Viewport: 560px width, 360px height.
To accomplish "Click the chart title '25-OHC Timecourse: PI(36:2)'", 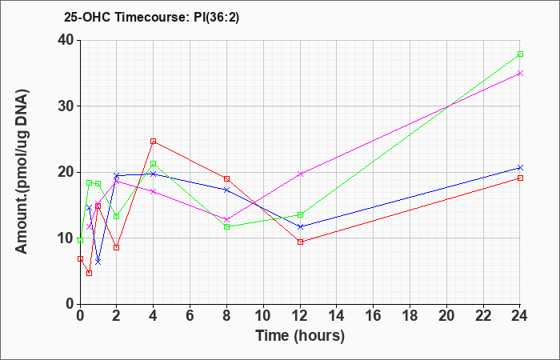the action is coord(151,17).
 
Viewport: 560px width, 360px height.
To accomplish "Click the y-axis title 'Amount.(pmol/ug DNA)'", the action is coord(22,171).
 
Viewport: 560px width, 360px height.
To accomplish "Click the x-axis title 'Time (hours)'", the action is coord(300,336).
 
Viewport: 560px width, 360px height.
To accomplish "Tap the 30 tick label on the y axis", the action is coord(66,106).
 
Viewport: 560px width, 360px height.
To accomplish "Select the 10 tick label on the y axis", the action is coord(66,238).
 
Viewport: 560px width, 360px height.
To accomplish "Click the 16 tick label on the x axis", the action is coord(374,316).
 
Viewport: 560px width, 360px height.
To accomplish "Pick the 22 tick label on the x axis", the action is coord(483,316).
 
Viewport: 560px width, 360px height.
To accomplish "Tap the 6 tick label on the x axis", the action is coord(190,316).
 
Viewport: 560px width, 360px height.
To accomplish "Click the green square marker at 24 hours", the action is coord(520,54).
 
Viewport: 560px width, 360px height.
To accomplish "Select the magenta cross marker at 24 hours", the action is coord(520,74).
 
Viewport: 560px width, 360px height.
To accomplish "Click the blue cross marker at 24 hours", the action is coord(520,167).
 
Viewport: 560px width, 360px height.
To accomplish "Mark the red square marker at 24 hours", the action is coord(520,178).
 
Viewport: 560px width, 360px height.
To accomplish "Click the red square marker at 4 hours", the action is coord(154,141).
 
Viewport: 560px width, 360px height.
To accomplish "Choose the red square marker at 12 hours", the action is coord(300,242).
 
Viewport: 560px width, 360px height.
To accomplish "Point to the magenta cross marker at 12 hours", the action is coord(300,174).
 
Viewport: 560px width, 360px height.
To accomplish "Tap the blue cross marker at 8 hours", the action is coord(226,190).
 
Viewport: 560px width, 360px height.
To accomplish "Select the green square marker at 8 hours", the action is coord(226,226).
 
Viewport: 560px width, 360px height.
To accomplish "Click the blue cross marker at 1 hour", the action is coord(98,262).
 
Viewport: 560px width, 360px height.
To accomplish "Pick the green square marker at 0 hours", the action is coord(80,240).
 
